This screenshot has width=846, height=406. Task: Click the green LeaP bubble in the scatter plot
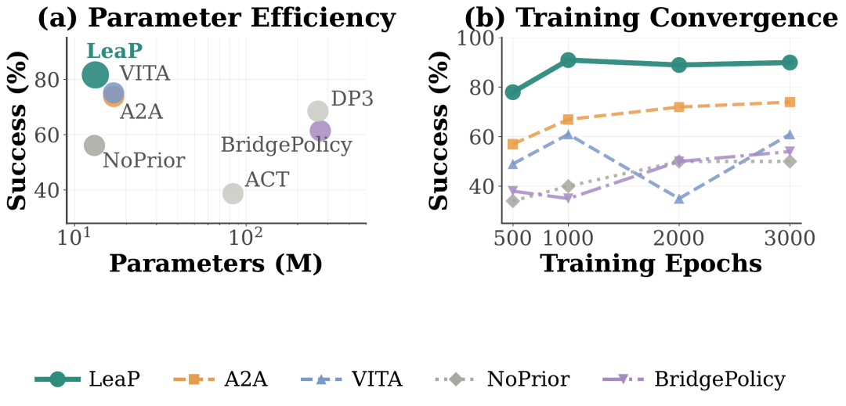(x=95, y=74)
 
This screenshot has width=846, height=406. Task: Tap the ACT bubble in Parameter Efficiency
(x=233, y=192)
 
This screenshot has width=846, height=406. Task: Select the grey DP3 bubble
(x=318, y=111)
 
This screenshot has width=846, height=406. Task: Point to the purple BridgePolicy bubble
(x=320, y=131)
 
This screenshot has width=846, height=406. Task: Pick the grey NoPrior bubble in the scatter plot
(x=94, y=145)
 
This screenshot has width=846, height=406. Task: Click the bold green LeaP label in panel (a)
(x=115, y=51)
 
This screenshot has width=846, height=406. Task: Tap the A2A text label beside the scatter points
(x=141, y=112)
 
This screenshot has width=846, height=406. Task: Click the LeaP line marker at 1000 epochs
(x=568, y=59)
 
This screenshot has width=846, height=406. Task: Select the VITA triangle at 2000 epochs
(x=678, y=199)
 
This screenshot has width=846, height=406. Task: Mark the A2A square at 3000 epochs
(x=790, y=102)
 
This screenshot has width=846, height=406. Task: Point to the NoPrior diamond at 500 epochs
(x=512, y=201)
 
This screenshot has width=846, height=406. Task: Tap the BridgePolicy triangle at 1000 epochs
(x=568, y=198)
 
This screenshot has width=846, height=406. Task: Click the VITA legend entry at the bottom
(x=351, y=380)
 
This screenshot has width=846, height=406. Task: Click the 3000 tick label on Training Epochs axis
(x=790, y=238)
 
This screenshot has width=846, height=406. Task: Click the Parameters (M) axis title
(x=216, y=264)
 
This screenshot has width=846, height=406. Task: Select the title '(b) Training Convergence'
(x=650, y=18)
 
